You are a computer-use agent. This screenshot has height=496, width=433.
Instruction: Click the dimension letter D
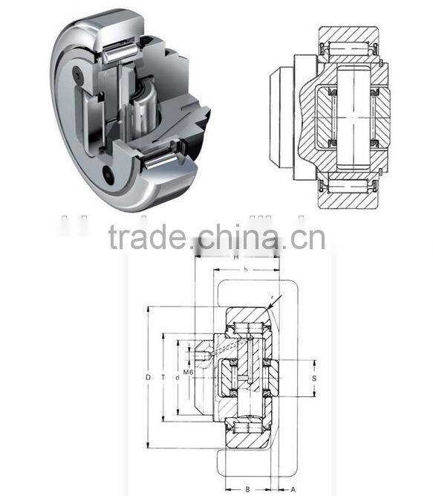point(149,378)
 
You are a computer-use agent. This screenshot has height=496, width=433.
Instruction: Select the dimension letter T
point(162,378)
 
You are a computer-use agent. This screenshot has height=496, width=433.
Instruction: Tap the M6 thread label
point(188,371)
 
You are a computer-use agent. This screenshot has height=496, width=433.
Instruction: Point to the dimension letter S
point(314,379)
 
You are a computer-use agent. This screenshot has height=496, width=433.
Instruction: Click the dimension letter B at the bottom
point(247,489)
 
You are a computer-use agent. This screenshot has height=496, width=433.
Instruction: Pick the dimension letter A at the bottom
point(293,489)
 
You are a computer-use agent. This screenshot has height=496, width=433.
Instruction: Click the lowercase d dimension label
point(177,378)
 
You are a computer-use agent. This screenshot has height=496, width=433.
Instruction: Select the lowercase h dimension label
point(246,269)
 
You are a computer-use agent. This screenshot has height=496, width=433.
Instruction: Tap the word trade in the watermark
point(146,238)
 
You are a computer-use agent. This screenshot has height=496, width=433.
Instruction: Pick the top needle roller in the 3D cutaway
point(118,52)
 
